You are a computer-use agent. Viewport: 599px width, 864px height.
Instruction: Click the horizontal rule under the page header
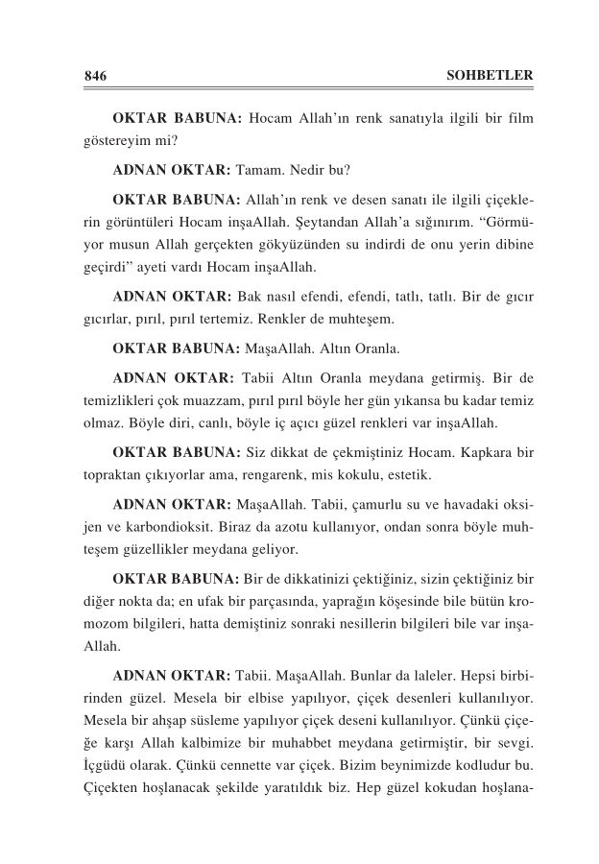click(299, 88)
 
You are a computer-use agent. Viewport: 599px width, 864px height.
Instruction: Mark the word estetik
click(410, 474)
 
